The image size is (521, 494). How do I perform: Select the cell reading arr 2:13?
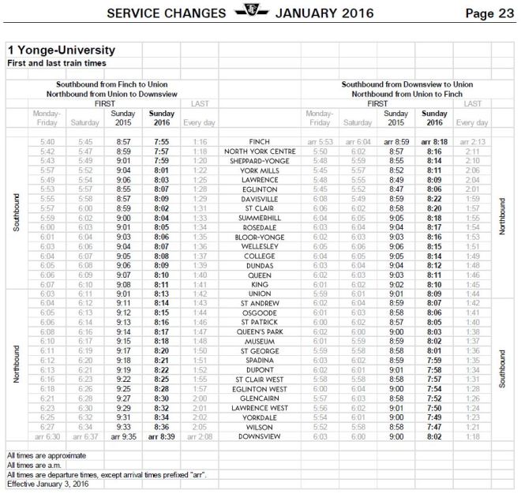(x=471, y=142)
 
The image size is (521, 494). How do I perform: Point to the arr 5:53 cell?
(x=319, y=142)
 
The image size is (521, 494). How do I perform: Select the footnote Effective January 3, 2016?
(x=47, y=483)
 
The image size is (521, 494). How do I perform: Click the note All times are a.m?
(x=38, y=464)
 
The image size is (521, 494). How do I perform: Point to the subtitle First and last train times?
(x=57, y=62)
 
